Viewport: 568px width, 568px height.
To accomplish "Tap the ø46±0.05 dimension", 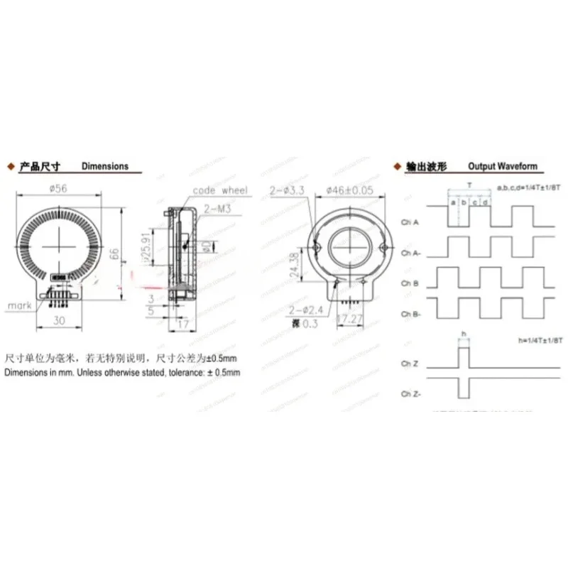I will point(349,191).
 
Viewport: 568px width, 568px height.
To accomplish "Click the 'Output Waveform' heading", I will point(503,166).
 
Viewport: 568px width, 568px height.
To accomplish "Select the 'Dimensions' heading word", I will point(105,166).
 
